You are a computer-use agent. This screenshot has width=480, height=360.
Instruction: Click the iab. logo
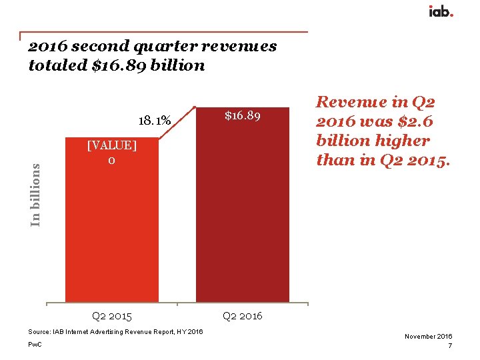(441, 11)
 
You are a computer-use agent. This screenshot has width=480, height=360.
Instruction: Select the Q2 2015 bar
(111, 227)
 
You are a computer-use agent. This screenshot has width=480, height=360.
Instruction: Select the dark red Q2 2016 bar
(242, 213)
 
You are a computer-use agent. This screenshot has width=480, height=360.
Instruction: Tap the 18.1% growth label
(154, 121)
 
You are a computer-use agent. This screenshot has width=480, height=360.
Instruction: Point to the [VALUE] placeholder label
(112, 146)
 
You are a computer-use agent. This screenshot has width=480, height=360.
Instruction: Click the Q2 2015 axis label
(111, 315)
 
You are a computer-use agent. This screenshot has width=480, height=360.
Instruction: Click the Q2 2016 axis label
(242, 315)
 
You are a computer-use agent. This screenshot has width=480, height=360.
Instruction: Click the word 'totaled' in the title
(57, 66)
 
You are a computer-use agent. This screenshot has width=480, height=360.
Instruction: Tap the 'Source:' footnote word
(39, 332)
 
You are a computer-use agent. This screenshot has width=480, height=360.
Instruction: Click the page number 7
(451, 346)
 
